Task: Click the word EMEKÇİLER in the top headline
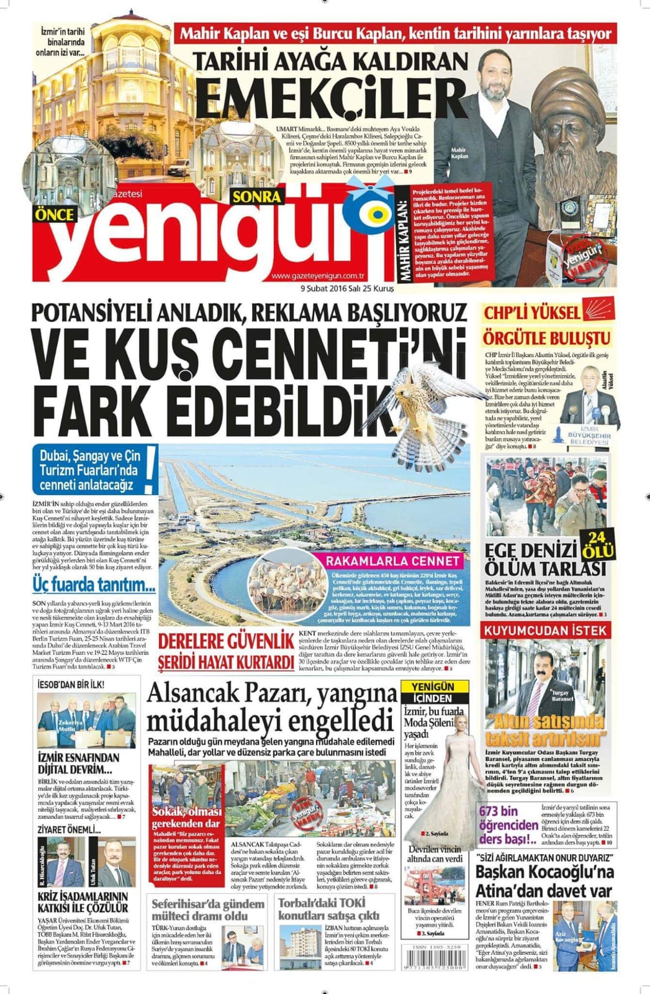click(x=335, y=98)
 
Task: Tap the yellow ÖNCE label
click(x=55, y=214)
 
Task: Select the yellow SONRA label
click(x=256, y=198)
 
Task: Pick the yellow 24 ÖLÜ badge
click(x=598, y=542)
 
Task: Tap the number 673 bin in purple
click(x=497, y=811)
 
